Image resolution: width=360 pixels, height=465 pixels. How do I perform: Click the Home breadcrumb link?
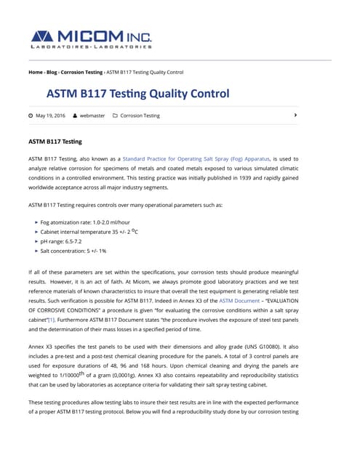(x=35, y=72)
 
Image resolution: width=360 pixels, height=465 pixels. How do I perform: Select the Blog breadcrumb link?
(x=52, y=72)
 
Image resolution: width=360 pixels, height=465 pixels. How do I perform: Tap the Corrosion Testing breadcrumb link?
(x=81, y=72)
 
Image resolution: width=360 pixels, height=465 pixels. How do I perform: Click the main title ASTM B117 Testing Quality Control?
(x=137, y=94)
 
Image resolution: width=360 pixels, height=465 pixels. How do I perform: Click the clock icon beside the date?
(x=31, y=116)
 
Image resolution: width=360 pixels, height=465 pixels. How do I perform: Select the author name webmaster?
(x=92, y=116)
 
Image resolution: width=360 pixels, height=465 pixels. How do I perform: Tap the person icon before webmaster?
(x=75, y=116)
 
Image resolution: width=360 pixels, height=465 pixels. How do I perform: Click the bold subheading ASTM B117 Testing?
(x=55, y=141)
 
